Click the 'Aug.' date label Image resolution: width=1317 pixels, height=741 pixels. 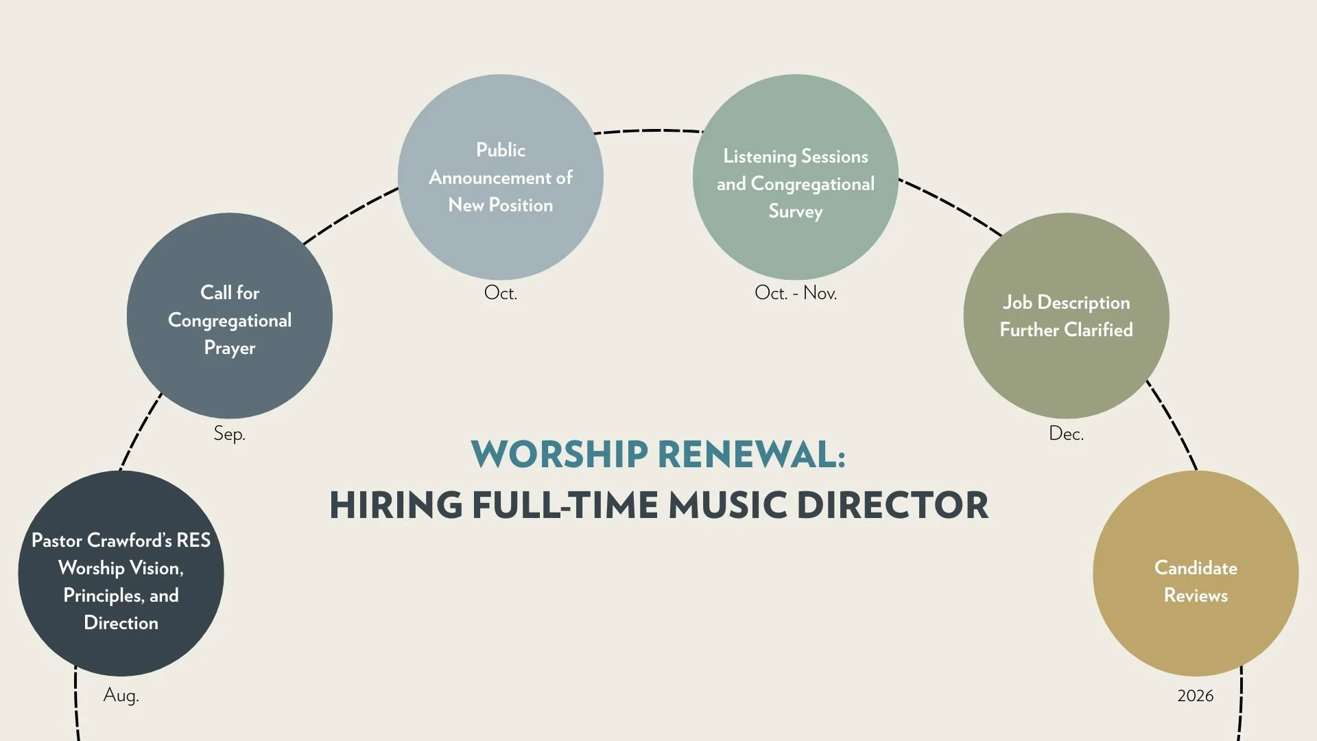121,695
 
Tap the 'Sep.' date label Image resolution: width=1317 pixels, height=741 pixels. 229,434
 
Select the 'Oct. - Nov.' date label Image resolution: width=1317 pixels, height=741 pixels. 796,293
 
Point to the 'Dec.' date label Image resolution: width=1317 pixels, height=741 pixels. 1066,434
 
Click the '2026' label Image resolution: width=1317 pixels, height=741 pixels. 1195,696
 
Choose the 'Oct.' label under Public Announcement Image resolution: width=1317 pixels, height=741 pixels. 501,293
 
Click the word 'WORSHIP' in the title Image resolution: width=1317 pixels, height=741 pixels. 559,454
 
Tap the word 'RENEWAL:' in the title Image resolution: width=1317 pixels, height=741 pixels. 752,454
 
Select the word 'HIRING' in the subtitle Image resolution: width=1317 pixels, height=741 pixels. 396,505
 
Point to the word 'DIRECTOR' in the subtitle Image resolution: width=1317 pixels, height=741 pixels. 892,505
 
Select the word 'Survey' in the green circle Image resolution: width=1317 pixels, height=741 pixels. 796,211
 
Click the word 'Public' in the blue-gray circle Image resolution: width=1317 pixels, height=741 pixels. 501,150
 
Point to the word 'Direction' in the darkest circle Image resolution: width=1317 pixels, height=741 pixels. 121,623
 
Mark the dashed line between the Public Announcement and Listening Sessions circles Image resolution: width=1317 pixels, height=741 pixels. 648,130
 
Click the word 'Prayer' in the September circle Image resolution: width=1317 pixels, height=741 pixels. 230,348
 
